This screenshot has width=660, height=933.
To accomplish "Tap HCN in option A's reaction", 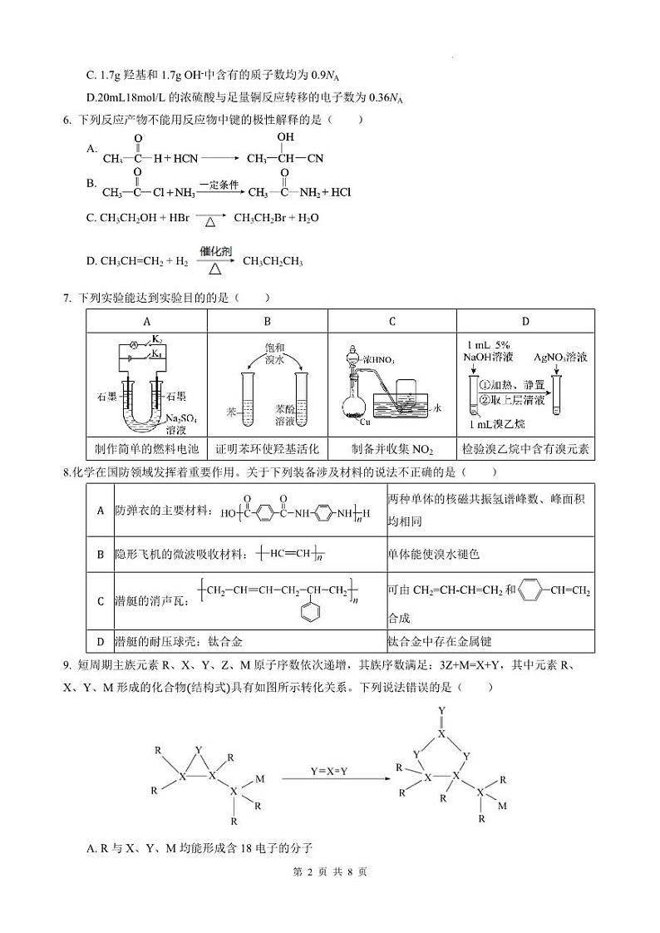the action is tap(185, 157).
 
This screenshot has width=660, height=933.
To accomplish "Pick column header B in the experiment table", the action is tap(267, 322).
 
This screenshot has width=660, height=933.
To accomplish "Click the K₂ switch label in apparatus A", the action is tap(155, 339).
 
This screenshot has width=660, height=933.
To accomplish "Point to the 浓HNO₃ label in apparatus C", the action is tap(378, 359).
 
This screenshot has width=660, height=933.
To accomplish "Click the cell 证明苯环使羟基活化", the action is tap(267, 448).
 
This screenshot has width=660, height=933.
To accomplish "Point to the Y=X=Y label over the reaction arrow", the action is tap(328, 772).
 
